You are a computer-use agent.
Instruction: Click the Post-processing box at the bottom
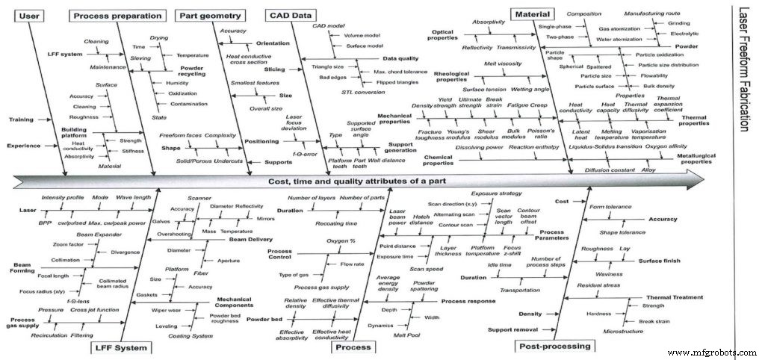[x=553, y=346]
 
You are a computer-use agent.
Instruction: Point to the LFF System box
[x=122, y=347]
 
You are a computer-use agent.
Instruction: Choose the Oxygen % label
[x=341, y=241]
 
